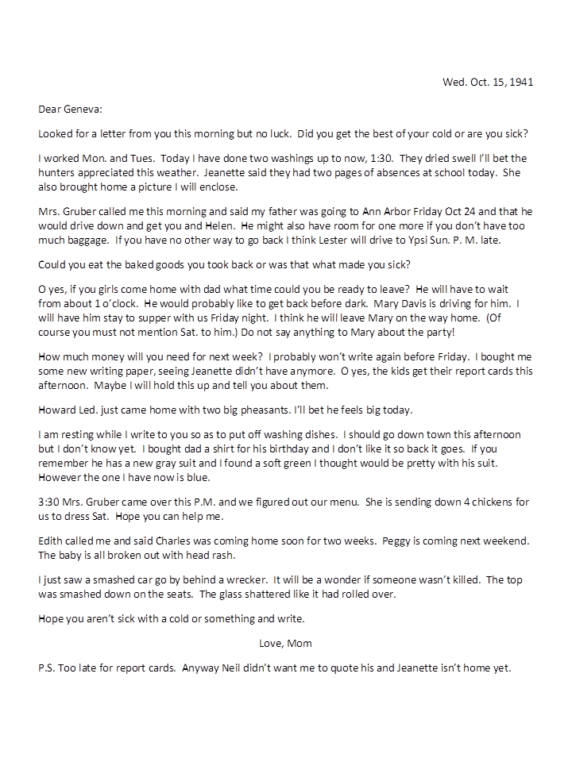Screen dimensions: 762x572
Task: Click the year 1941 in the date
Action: (x=520, y=82)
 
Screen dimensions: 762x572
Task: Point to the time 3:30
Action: (x=51, y=502)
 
